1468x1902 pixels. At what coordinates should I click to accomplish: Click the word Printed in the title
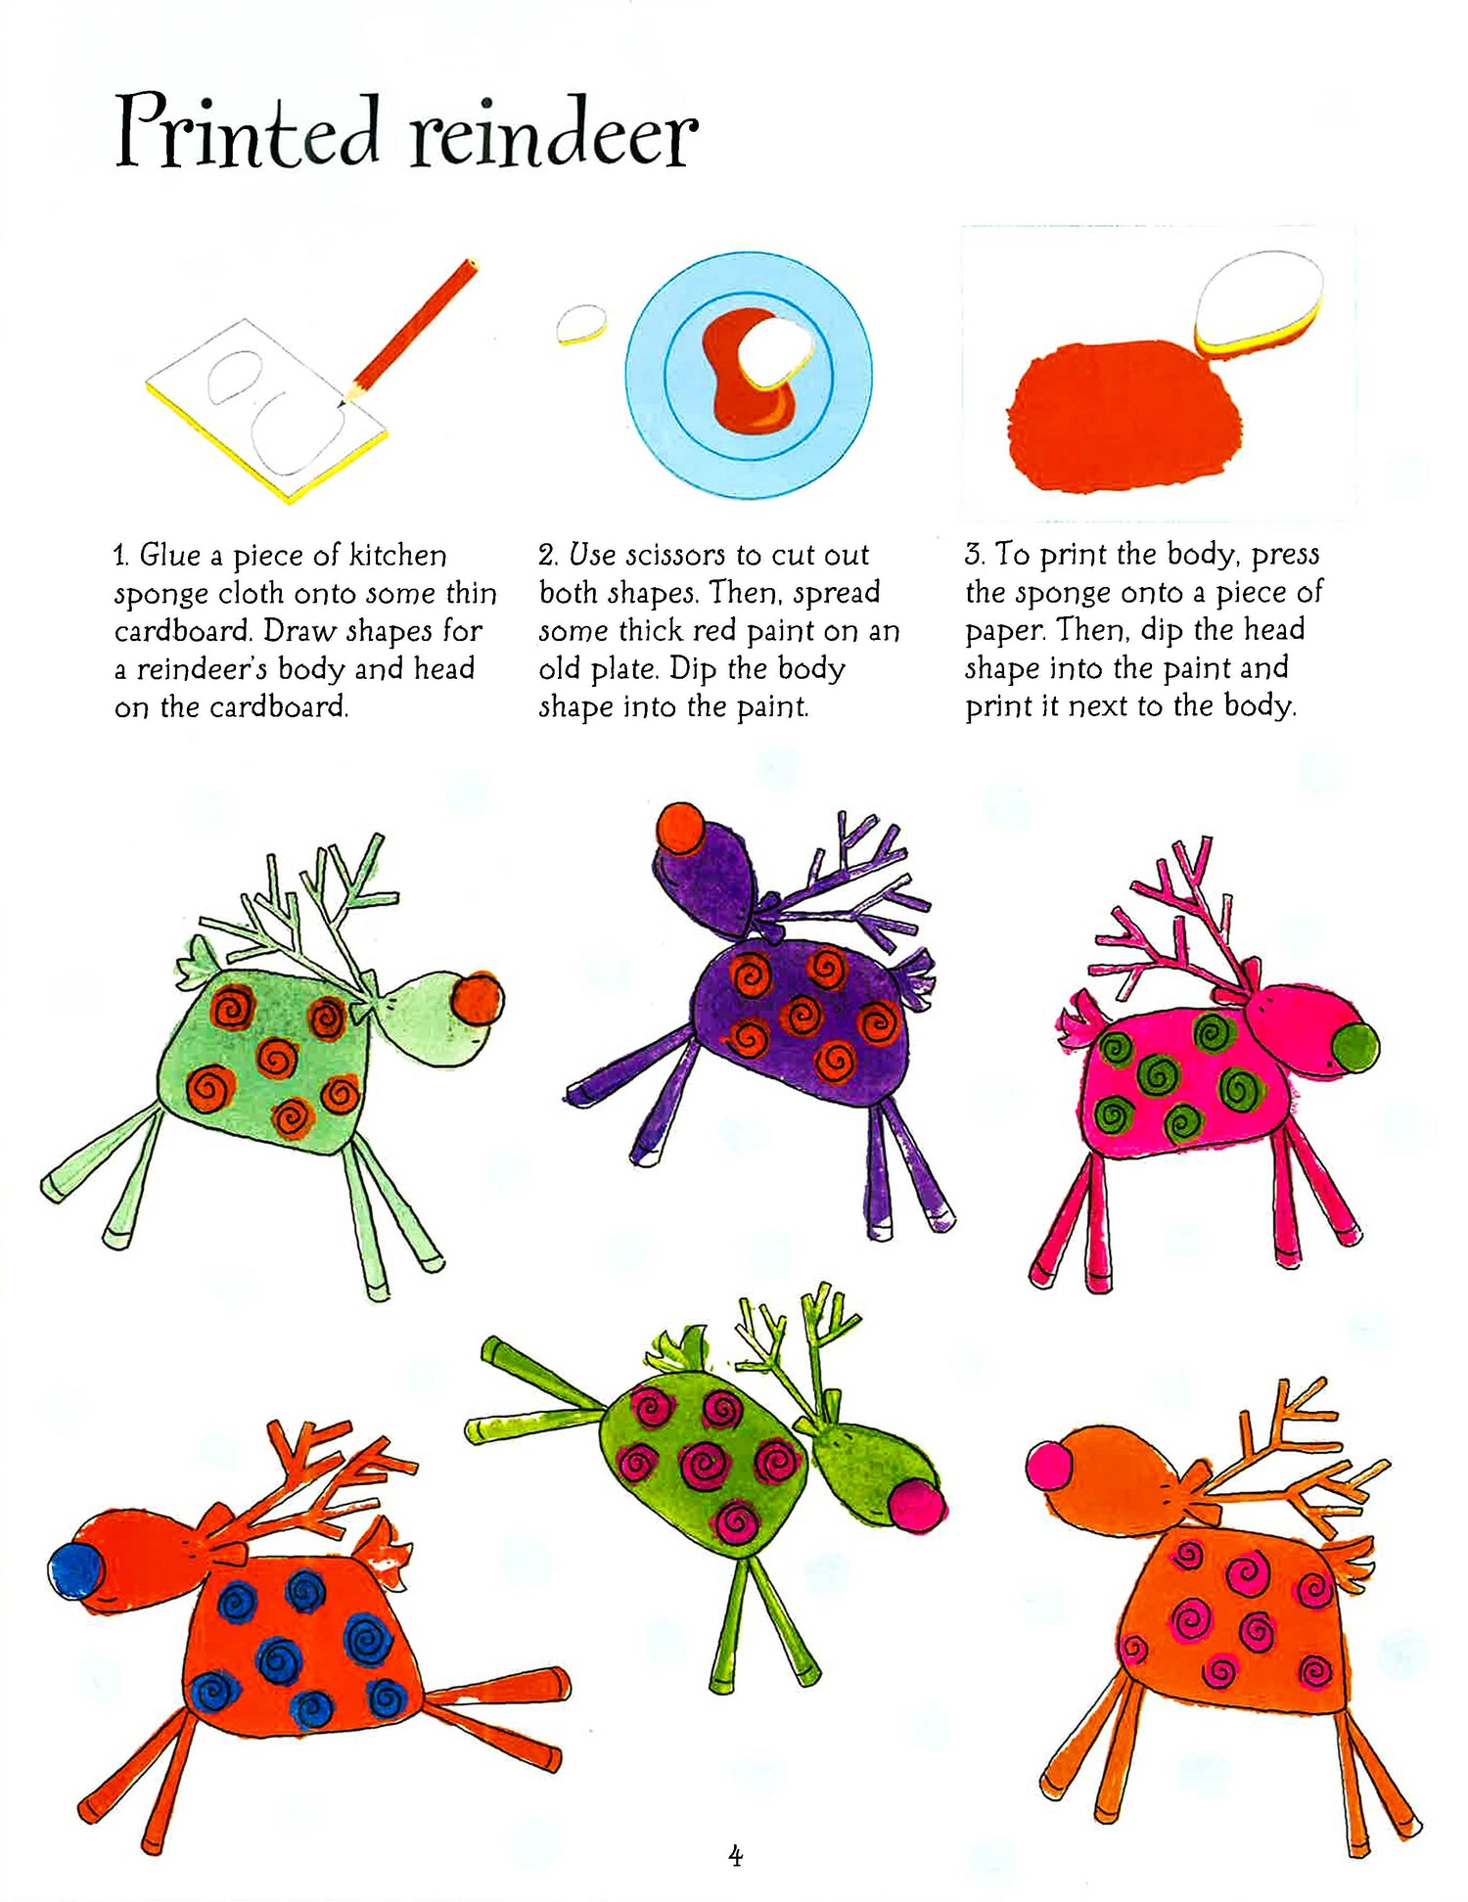point(248,131)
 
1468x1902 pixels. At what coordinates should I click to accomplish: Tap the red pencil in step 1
point(409,333)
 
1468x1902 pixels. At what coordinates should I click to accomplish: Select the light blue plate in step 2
point(749,375)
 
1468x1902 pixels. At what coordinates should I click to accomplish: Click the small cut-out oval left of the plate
point(581,324)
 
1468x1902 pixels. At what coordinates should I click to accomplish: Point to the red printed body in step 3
point(1124,415)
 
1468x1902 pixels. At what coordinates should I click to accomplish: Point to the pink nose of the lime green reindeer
point(917,1505)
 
